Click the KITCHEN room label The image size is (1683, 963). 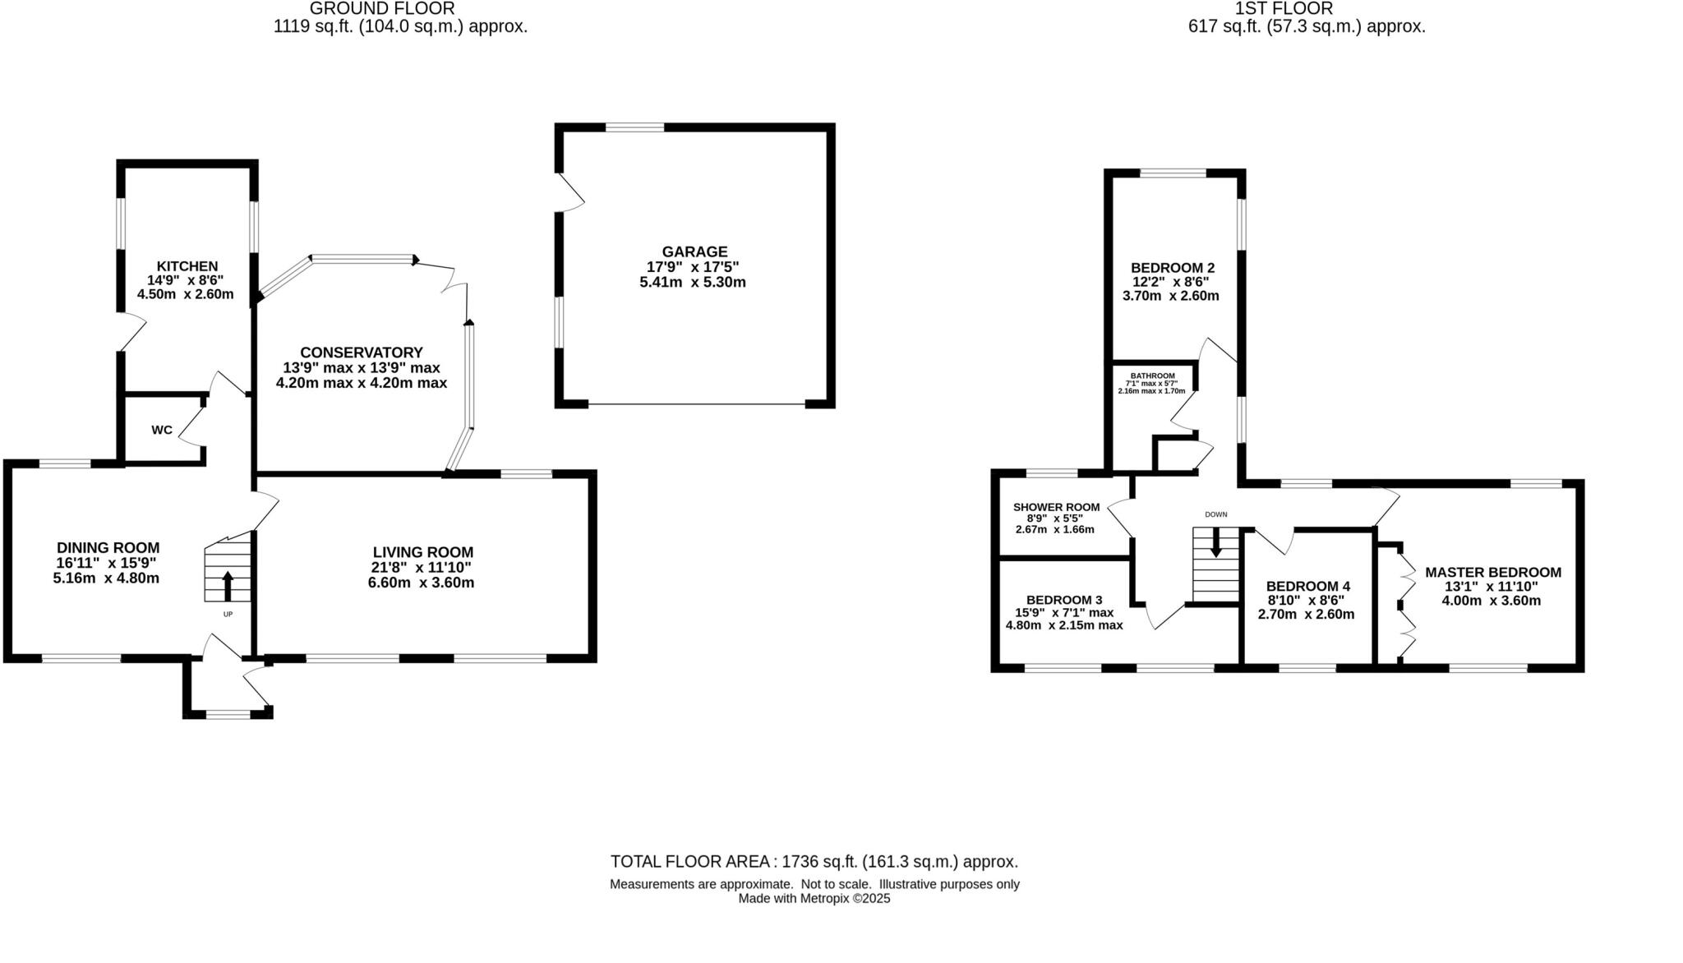(187, 266)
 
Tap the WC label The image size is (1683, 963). (162, 430)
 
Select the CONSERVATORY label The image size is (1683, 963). (361, 352)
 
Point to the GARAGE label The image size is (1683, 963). (694, 251)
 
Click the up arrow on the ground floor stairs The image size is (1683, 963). (228, 586)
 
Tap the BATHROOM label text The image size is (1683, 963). (1152, 376)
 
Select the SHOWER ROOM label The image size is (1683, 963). (1056, 507)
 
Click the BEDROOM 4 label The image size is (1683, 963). (1307, 586)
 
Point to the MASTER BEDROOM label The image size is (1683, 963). (1492, 572)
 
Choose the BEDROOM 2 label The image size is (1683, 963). (1172, 267)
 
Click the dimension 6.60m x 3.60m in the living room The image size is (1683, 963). (421, 583)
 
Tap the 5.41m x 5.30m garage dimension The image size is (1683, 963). (692, 282)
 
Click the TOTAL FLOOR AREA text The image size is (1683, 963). (814, 861)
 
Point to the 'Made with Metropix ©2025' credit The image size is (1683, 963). (814, 898)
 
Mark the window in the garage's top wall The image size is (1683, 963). (634, 127)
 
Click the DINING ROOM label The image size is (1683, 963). (108, 547)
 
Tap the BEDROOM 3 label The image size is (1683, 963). (1063, 600)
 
